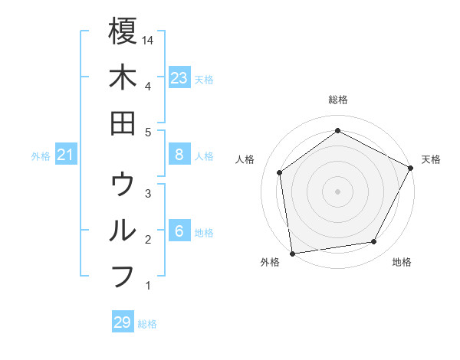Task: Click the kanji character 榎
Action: tap(123, 32)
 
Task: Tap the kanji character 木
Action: tap(123, 77)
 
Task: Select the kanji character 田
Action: tap(123, 123)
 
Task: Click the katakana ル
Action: tap(123, 231)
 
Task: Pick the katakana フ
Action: tap(123, 276)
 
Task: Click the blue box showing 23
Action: tap(179, 77)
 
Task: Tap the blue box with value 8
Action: tap(179, 155)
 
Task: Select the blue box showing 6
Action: tap(179, 231)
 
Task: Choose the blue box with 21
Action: tap(66, 155)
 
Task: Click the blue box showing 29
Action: tap(122, 322)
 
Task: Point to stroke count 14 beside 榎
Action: tap(149, 40)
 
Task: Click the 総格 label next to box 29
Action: tap(147, 323)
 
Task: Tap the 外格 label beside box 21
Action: tap(41, 155)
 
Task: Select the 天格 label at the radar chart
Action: tap(431, 159)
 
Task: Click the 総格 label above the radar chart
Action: tap(337, 100)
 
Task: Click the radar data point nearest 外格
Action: tap(292, 253)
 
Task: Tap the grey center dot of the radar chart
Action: tap(337, 191)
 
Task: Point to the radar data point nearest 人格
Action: tap(280, 172)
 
